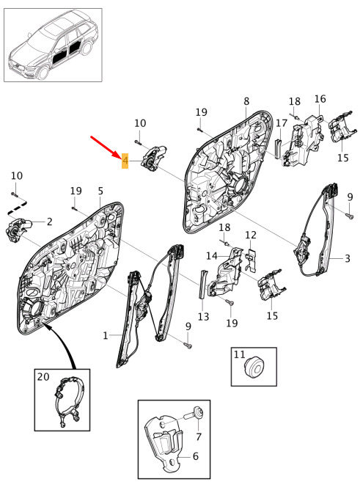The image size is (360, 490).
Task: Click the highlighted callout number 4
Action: point(125,161)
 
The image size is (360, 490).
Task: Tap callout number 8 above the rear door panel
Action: point(246,101)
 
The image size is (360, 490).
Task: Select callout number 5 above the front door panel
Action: point(100,191)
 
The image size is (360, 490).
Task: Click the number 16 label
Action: point(320,99)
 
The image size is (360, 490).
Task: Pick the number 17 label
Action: point(281,122)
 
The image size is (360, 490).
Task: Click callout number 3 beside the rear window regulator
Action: point(348,258)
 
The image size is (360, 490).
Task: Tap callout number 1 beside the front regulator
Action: point(106,336)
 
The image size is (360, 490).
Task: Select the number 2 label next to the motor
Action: point(49,222)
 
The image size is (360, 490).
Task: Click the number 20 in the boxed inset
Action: point(43,377)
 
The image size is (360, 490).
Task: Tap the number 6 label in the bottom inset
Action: point(196,456)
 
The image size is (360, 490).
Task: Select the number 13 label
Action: point(203,317)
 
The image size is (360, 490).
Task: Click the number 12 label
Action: point(251,235)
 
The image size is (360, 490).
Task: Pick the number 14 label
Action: point(212,256)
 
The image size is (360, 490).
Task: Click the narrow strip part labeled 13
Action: point(202,285)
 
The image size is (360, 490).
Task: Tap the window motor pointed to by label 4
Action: point(154,158)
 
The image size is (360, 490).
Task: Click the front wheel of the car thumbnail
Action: point(43,72)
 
